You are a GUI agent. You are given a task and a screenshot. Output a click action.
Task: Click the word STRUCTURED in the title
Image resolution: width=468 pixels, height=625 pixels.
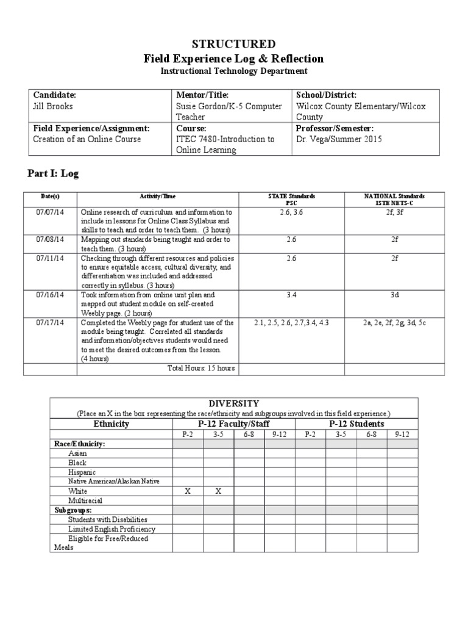click(x=233, y=44)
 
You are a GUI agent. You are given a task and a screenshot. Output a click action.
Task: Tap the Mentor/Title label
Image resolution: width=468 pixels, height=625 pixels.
click(x=202, y=95)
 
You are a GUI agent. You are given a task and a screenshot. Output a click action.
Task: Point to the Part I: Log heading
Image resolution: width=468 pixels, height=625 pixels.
click(x=53, y=174)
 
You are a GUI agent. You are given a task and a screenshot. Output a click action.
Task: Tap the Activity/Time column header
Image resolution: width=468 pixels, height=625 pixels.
click(x=158, y=196)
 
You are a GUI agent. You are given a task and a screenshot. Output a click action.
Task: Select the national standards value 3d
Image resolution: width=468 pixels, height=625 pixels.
click(x=394, y=295)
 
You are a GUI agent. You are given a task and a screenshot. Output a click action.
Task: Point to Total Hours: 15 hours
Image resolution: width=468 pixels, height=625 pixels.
click(x=201, y=368)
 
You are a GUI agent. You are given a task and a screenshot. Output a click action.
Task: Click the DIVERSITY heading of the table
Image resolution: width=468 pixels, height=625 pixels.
click(x=234, y=403)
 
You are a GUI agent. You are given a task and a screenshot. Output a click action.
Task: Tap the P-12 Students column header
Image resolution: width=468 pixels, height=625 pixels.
click(x=356, y=424)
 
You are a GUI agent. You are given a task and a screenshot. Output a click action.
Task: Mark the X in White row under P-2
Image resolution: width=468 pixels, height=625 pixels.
click(x=188, y=491)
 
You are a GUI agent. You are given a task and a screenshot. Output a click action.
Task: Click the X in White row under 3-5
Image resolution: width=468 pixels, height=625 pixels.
click(x=218, y=491)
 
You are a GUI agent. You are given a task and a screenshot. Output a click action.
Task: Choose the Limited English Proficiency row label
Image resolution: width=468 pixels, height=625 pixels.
click(x=112, y=529)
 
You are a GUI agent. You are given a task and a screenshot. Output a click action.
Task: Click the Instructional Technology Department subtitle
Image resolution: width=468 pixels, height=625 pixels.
click(x=233, y=71)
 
